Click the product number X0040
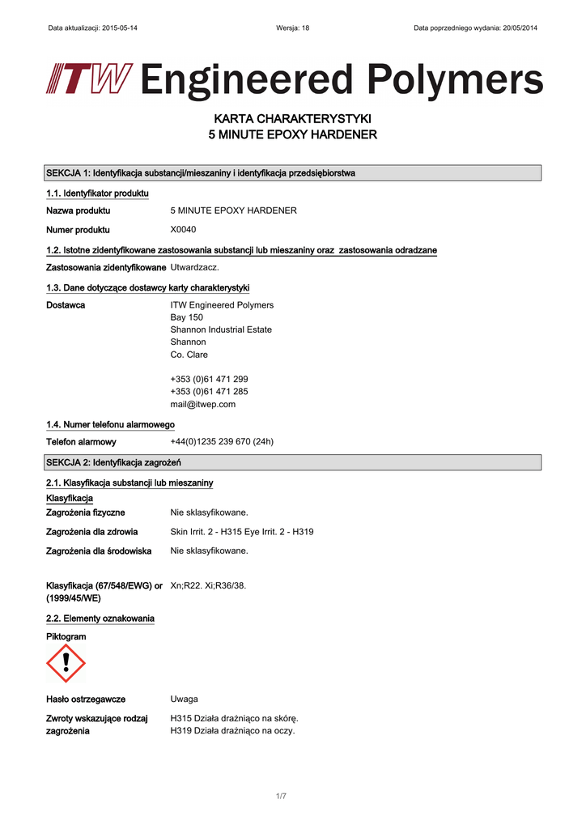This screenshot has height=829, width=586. pyautogui.click(x=183, y=229)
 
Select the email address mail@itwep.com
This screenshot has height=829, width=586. pyautogui.click(x=202, y=404)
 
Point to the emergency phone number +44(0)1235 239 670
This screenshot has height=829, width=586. pyautogui.click(x=222, y=442)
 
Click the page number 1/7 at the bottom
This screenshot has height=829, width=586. pyautogui.click(x=281, y=796)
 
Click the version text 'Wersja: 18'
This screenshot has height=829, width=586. pyautogui.click(x=292, y=28)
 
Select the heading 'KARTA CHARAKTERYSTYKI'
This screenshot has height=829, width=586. pyautogui.click(x=292, y=119)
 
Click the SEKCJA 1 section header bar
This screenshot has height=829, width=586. pyautogui.click(x=292, y=173)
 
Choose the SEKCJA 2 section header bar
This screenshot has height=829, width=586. pyautogui.click(x=292, y=462)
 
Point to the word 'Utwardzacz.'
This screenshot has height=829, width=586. pyautogui.click(x=194, y=267)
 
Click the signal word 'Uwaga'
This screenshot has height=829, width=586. pyautogui.click(x=184, y=699)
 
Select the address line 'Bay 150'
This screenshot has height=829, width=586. pyautogui.click(x=186, y=317)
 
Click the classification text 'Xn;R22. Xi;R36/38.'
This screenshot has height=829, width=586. pyautogui.click(x=208, y=585)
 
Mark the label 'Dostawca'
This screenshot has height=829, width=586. pyautogui.click(x=66, y=305)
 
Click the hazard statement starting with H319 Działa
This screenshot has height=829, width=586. pyautogui.click(x=232, y=731)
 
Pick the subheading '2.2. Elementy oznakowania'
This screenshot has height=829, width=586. pyautogui.click(x=100, y=619)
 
